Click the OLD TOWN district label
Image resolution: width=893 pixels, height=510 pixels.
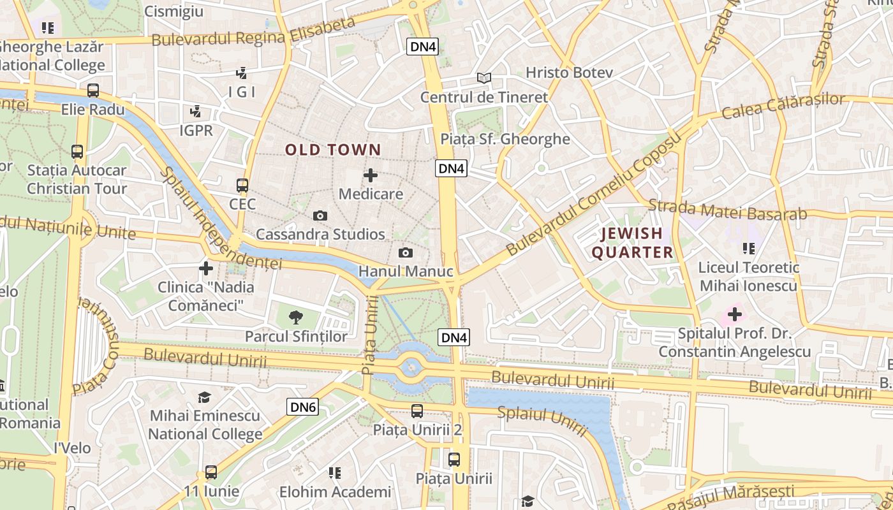[x=332, y=150]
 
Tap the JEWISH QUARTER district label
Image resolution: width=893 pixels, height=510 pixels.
[x=632, y=243]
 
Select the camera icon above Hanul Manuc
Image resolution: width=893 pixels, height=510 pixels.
[x=405, y=253]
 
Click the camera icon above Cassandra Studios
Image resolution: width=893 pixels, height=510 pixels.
[x=320, y=216]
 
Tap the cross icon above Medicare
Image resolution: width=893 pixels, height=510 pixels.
[x=371, y=175]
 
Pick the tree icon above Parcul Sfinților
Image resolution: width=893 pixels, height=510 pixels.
[x=295, y=317]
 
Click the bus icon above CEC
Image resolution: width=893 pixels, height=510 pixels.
[x=242, y=186]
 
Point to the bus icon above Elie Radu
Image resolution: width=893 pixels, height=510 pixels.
[x=93, y=91]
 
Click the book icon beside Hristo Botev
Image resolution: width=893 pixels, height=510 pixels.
[x=484, y=78]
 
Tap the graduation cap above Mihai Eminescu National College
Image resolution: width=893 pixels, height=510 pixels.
[x=204, y=398]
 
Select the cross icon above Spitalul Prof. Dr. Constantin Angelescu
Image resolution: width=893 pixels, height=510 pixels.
[x=734, y=314]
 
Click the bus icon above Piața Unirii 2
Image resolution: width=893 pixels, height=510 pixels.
[x=417, y=411]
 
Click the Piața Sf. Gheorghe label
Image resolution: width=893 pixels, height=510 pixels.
[x=505, y=139]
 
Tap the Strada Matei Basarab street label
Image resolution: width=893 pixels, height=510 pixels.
[x=727, y=210]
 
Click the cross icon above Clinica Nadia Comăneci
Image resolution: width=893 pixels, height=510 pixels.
[x=205, y=268]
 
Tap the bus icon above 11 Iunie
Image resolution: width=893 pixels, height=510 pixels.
[x=211, y=473]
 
